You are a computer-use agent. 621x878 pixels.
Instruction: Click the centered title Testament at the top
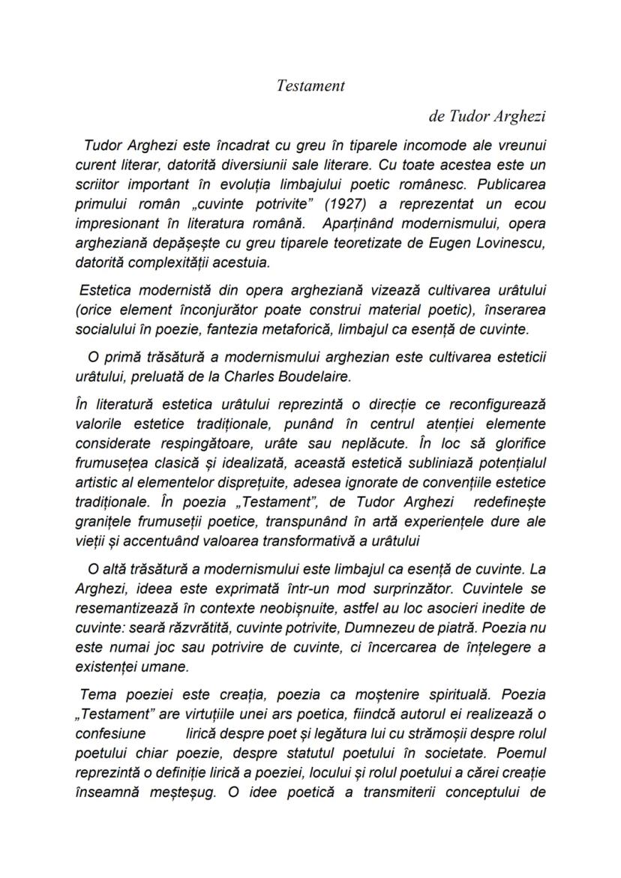pos(310,85)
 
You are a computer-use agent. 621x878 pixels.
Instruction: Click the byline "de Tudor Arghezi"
pos(487,116)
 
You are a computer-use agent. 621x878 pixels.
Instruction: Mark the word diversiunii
pos(252,165)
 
